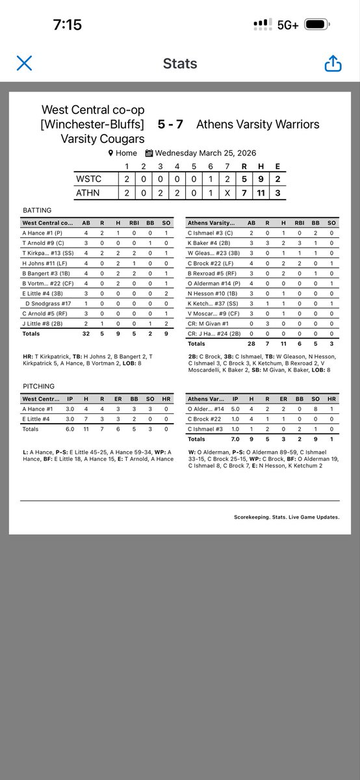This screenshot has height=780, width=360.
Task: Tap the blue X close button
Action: (x=24, y=63)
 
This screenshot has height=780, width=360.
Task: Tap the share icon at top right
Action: (x=332, y=63)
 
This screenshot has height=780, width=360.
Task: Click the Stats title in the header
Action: (x=180, y=64)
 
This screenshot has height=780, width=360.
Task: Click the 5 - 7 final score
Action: (x=170, y=123)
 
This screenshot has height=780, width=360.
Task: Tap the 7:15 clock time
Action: (x=68, y=25)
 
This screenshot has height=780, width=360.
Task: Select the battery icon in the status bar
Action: (x=319, y=25)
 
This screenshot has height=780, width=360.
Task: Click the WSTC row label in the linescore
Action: (x=88, y=179)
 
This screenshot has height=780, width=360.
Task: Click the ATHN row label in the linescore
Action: (x=88, y=193)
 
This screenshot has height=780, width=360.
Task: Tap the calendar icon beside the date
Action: (x=149, y=153)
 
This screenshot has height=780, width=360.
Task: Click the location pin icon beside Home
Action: (x=110, y=153)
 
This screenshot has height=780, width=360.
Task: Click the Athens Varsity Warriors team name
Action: (x=257, y=123)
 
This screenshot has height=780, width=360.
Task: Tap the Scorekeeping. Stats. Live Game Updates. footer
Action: (x=286, y=517)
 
